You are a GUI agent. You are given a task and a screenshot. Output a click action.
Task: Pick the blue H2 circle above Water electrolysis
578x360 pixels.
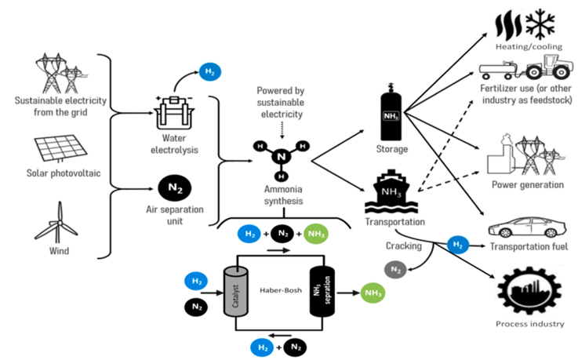[209, 71]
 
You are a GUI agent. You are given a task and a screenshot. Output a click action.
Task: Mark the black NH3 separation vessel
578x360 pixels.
[320, 289]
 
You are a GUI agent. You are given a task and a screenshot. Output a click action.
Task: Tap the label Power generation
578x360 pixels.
[527, 185]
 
